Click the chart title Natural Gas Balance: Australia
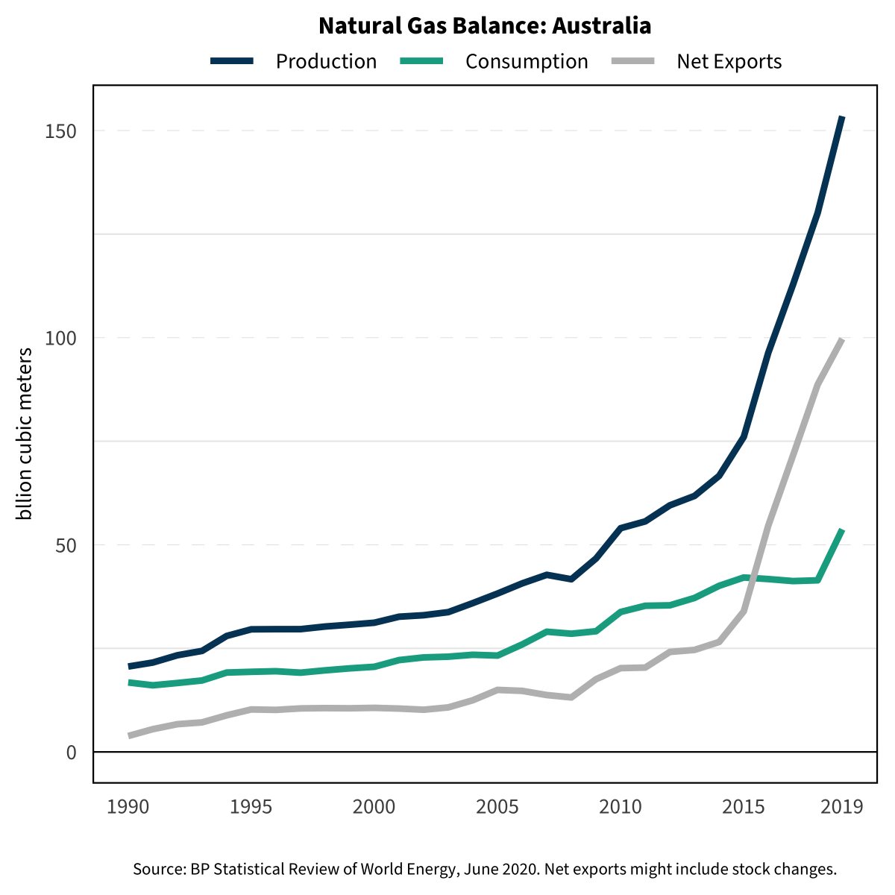(485, 26)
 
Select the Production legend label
(326, 61)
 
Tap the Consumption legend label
(527, 61)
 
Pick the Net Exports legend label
(729, 61)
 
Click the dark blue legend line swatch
(233, 61)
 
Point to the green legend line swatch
(422, 61)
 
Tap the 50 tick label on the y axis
(67, 545)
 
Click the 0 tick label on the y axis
(72, 753)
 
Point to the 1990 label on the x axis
(128, 807)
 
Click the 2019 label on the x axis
(842, 807)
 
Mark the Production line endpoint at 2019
(841, 118)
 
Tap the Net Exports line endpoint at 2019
(841, 340)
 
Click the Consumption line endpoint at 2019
(841, 530)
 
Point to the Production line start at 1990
(130, 666)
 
